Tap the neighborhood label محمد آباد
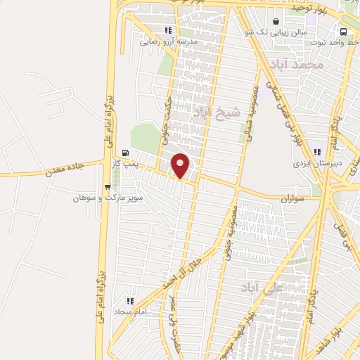coord(300,65)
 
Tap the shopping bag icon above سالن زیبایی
coord(276,22)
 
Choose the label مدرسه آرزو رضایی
coord(169,41)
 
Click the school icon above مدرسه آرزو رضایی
coord(168,30)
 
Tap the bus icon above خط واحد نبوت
coord(343,32)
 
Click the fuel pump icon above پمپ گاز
coord(125,152)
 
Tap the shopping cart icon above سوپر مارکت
coord(107,187)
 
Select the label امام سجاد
coord(129,310)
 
